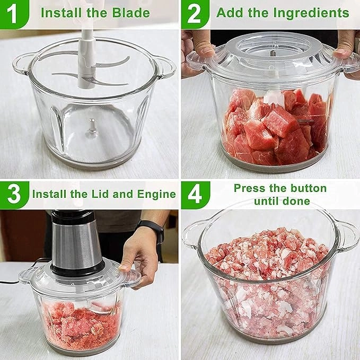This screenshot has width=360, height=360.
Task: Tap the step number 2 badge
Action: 194,13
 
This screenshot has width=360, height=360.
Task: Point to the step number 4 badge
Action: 194,195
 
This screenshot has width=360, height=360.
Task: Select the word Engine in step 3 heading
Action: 157,194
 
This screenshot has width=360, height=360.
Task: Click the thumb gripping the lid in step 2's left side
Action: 204,50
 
